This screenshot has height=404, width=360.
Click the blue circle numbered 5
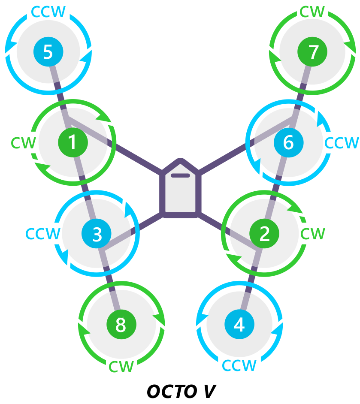point(48,52)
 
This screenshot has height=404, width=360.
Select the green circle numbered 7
point(312,52)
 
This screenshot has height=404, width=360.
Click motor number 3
point(97,234)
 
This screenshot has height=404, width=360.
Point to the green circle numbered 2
point(264,234)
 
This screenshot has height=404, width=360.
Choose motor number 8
point(121,325)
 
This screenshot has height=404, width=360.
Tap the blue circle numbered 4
point(239,325)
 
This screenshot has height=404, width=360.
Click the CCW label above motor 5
point(48,12)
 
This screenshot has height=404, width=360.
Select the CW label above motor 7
point(312,12)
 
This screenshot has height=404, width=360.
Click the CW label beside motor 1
point(23,143)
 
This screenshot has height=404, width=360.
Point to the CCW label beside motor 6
point(342,143)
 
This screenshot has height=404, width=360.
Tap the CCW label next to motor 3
point(42,234)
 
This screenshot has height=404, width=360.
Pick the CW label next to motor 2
point(313,234)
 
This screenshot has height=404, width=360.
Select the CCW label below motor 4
point(239,366)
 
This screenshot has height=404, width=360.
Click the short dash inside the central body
point(180,175)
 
